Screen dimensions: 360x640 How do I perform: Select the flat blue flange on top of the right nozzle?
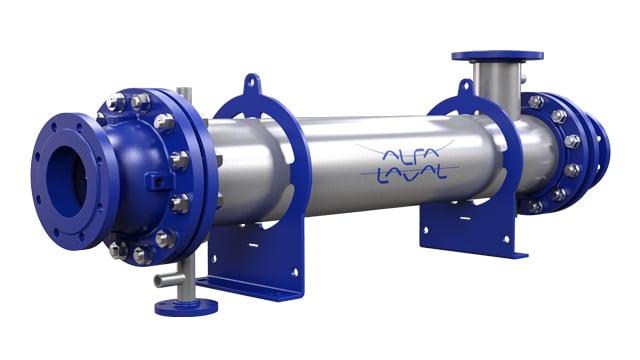coord(497,54)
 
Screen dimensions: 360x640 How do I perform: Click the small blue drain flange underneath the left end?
coord(185,305)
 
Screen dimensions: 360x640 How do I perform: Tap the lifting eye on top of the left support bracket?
coord(252,84)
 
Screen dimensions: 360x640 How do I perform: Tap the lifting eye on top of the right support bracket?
coord(464,88)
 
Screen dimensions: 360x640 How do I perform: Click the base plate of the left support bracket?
coord(250,285)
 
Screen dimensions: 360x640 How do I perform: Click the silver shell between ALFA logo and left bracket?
coord(330,165)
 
